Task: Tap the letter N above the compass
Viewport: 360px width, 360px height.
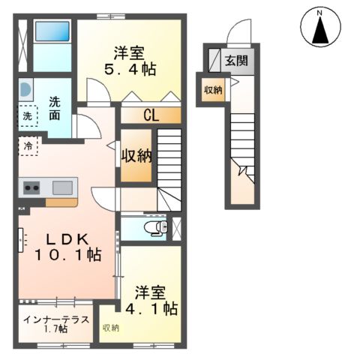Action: [320, 11]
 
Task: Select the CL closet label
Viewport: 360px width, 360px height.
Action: [151, 116]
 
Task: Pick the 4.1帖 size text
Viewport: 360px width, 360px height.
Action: [156, 308]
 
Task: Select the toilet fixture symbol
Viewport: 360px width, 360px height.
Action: [154, 226]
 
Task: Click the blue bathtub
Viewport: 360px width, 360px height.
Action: [51, 33]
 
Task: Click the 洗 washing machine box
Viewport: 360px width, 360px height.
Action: [27, 116]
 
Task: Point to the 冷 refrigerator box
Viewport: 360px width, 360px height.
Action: [28, 146]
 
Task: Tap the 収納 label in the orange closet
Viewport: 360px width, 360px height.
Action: [137, 156]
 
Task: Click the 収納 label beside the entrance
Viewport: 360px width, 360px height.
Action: [213, 90]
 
